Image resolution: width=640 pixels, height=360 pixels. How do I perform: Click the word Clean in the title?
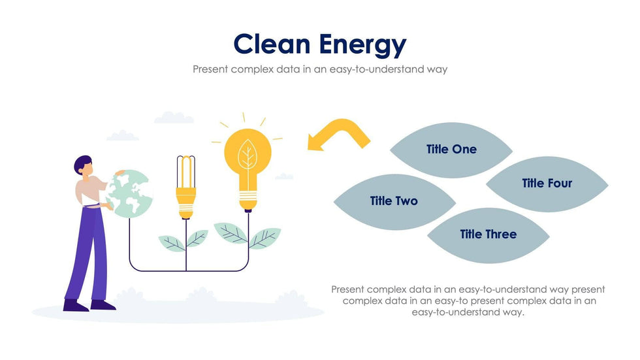point(272,44)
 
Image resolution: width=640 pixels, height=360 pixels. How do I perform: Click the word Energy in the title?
point(363,46)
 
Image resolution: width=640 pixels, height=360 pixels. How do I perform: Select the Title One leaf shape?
point(451,150)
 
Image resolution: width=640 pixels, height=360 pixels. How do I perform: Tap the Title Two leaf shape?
point(394,202)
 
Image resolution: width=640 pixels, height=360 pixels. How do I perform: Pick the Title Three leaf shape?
point(488,235)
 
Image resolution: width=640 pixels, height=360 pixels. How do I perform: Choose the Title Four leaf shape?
point(547,184)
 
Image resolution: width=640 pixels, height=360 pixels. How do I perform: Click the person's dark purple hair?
point(82,164)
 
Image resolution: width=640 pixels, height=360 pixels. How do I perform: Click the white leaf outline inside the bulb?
point(248,154)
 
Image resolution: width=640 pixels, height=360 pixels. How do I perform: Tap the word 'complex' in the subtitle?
point(252,69)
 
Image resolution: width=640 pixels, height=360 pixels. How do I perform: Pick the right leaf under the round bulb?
point(265,238)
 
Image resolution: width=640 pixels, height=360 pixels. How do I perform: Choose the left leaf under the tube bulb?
point(172,243)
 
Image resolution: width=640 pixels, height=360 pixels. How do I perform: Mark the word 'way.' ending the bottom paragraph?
point(512,312)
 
